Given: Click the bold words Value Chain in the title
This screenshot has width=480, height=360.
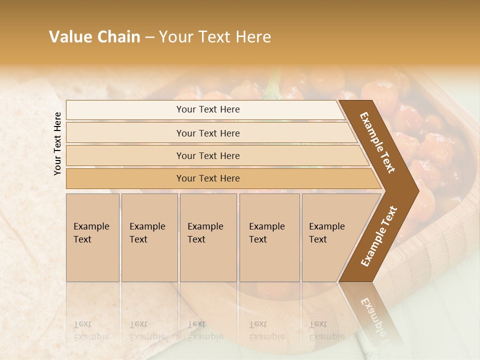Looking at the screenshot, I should pos(94,37).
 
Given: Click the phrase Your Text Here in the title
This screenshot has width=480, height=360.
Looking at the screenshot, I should pos(215,37).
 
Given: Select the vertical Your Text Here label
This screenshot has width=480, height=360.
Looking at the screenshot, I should pos(57,143).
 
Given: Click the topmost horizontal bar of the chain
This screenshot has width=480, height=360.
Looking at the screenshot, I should pos(207,109).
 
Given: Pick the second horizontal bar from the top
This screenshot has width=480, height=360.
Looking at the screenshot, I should pos(207,133).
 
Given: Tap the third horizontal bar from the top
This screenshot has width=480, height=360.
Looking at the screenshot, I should pos(207,155).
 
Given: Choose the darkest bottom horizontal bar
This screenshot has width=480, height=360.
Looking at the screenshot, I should pos(207,178).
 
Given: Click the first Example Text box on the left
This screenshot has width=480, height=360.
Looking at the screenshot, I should pos(92,237).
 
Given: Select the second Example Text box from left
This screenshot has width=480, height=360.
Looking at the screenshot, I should pos(149,237).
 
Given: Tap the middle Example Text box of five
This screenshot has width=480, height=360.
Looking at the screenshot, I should pos(208,237).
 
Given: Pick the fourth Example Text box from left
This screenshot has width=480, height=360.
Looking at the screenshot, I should pos(269,237).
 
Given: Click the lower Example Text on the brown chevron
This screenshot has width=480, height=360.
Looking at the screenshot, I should pos(379,236).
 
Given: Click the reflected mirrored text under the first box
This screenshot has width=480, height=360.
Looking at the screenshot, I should pos(91,330).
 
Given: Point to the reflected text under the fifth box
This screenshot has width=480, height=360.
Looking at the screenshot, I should pos(326,330).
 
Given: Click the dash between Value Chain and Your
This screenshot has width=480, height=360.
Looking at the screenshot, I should pos(149,37).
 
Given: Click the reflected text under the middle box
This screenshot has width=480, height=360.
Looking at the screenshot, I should pos(205,330).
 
